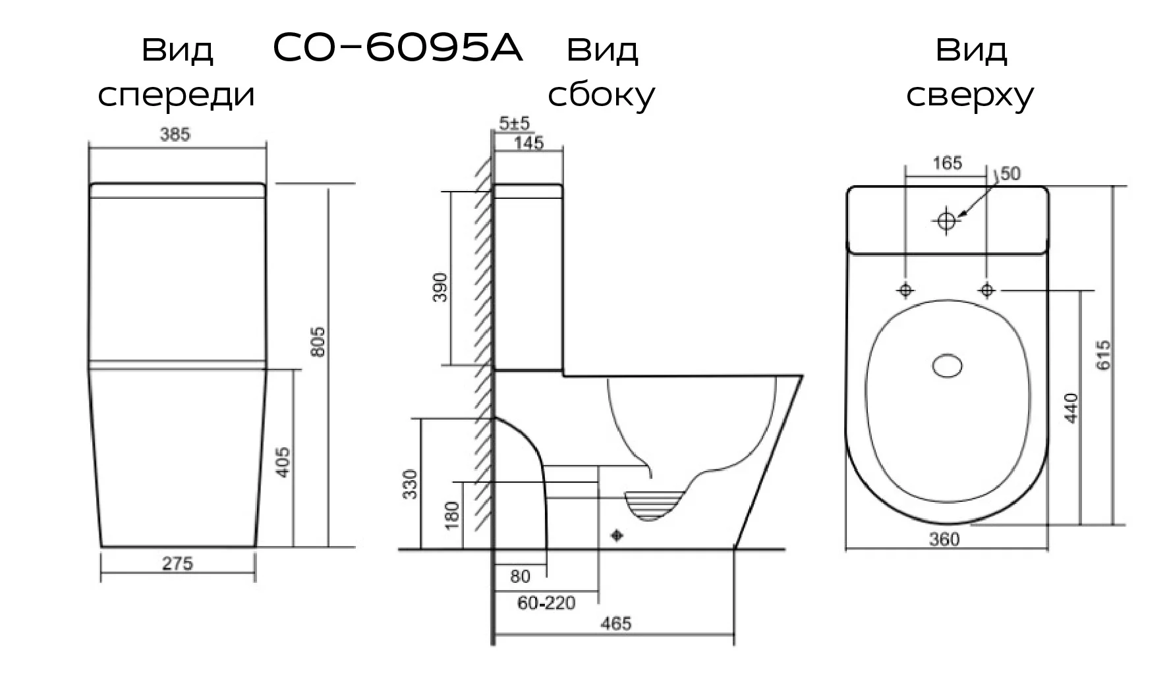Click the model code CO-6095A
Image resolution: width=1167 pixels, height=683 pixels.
point(397,49)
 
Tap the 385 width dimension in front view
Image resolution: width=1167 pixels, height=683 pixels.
point(175,134)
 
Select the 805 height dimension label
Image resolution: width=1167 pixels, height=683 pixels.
point(318,341)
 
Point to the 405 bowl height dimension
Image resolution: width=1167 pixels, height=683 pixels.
point(281,462)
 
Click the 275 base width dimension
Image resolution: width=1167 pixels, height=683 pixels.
point(177,564)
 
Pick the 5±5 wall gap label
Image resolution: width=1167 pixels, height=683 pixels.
point(514,123)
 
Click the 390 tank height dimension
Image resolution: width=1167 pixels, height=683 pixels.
point(440,287)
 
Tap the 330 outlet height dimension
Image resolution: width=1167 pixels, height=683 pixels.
point(410,484)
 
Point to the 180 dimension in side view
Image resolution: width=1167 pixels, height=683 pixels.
point(452,516)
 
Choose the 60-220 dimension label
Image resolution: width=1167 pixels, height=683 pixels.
point(546,603)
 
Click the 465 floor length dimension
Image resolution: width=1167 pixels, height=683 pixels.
point(616,623)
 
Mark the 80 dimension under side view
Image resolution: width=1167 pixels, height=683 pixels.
point(520,577)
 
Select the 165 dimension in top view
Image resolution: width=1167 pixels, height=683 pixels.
point(948,163)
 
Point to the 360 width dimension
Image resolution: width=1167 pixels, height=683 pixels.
point(944,539)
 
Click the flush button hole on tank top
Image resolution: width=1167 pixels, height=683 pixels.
point(947,220)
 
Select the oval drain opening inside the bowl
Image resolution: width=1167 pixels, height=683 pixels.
point(948,366)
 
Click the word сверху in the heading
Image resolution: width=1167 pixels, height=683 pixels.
point(969,96)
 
